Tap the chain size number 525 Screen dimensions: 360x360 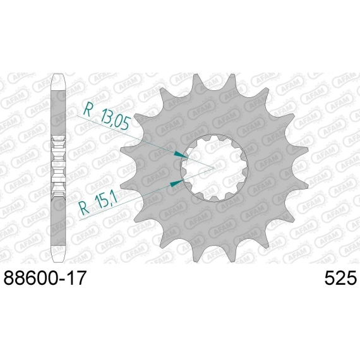pos(340,277)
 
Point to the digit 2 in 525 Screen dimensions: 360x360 pos(340,277)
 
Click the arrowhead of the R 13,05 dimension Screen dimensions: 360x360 pos(181,155)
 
